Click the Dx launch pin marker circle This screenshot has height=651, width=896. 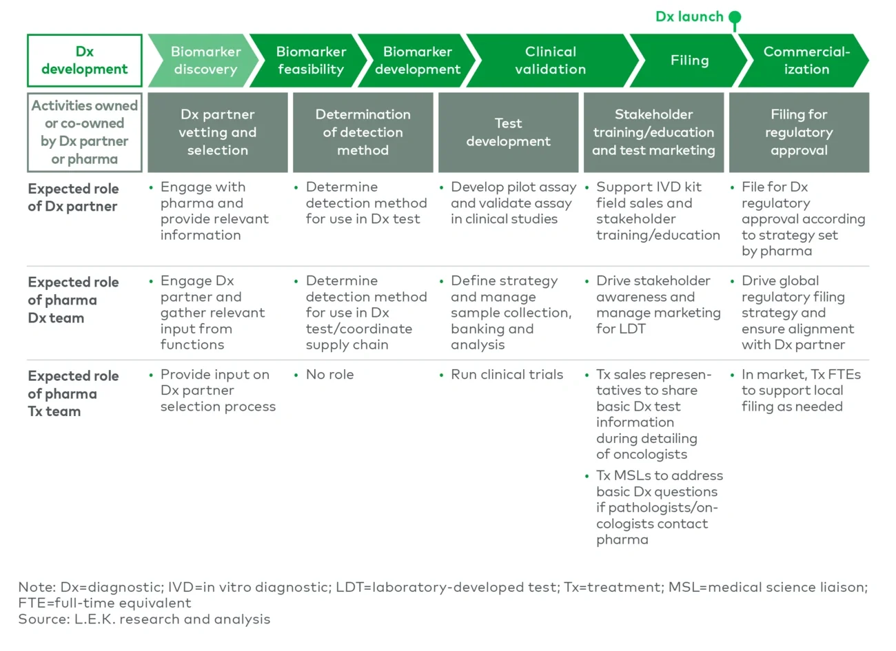[735, 17]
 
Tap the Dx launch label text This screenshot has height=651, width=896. [689, 17]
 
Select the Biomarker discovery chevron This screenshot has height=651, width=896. [205, 61]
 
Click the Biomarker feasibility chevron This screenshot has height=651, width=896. [310, 61]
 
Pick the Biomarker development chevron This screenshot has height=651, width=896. [418, 61]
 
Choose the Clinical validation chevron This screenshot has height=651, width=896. [550, 61]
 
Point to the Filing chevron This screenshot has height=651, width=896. [689, 61]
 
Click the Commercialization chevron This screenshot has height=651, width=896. [806, 61]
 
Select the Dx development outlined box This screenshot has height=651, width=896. [85, 61]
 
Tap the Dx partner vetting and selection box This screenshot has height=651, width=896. [218, 132]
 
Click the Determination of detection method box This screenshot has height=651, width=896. [363, 132]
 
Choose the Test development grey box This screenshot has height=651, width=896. [508, 132]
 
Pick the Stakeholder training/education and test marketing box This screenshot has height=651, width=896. [653, 132]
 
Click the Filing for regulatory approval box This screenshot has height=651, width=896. [799, 132]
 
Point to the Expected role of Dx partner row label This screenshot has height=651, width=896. [73, 198]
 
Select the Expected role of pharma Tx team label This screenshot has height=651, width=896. [73, 393]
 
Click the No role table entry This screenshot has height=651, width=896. [329, 375]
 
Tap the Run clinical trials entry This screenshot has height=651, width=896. [507, 375]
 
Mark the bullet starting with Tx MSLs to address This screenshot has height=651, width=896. [659, 507]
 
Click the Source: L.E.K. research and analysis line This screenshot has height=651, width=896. [145, 619]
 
